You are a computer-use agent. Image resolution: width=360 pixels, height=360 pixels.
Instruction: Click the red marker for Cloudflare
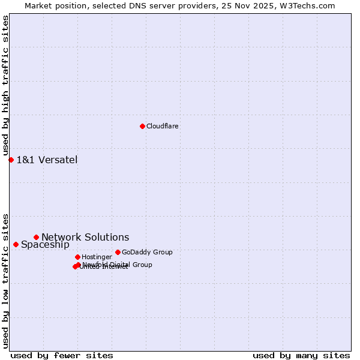(x=142, y=126)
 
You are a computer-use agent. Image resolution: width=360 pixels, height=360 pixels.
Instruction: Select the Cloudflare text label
(x=163, y=126)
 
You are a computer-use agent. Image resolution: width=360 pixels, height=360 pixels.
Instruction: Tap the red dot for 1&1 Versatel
(x=11, y=160)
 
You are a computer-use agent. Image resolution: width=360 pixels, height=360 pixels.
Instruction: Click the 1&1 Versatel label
(x=47, y=160)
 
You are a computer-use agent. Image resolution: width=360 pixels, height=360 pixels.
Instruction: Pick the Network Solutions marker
(x=36, y=237)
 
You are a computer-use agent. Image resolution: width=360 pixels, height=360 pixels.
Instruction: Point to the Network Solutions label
(x=85, y=237)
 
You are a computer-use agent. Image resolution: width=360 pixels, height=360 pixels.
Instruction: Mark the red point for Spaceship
(x=16, y=244)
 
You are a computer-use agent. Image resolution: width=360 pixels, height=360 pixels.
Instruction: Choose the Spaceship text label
(x=45, y=244)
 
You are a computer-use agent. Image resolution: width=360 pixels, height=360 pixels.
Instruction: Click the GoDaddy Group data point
(x=118, y=252)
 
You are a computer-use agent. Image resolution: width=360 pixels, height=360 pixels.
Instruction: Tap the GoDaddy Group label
(x=147, y=252)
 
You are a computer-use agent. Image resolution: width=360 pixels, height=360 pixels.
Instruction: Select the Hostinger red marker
(x=77, y=257)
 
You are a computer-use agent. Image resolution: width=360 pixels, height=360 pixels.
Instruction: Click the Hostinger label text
(x=97, y=257)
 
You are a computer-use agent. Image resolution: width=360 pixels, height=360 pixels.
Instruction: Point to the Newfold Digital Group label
(x=118, y=265)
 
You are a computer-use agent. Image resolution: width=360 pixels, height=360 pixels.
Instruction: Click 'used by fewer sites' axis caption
(x=62, y=355)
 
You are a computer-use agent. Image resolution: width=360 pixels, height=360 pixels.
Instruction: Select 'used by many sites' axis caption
(x=301, y=355)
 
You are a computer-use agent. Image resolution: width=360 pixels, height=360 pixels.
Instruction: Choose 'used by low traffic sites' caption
(x=6, y=280)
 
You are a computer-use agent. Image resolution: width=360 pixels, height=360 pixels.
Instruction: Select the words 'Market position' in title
(x=53, y=5)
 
